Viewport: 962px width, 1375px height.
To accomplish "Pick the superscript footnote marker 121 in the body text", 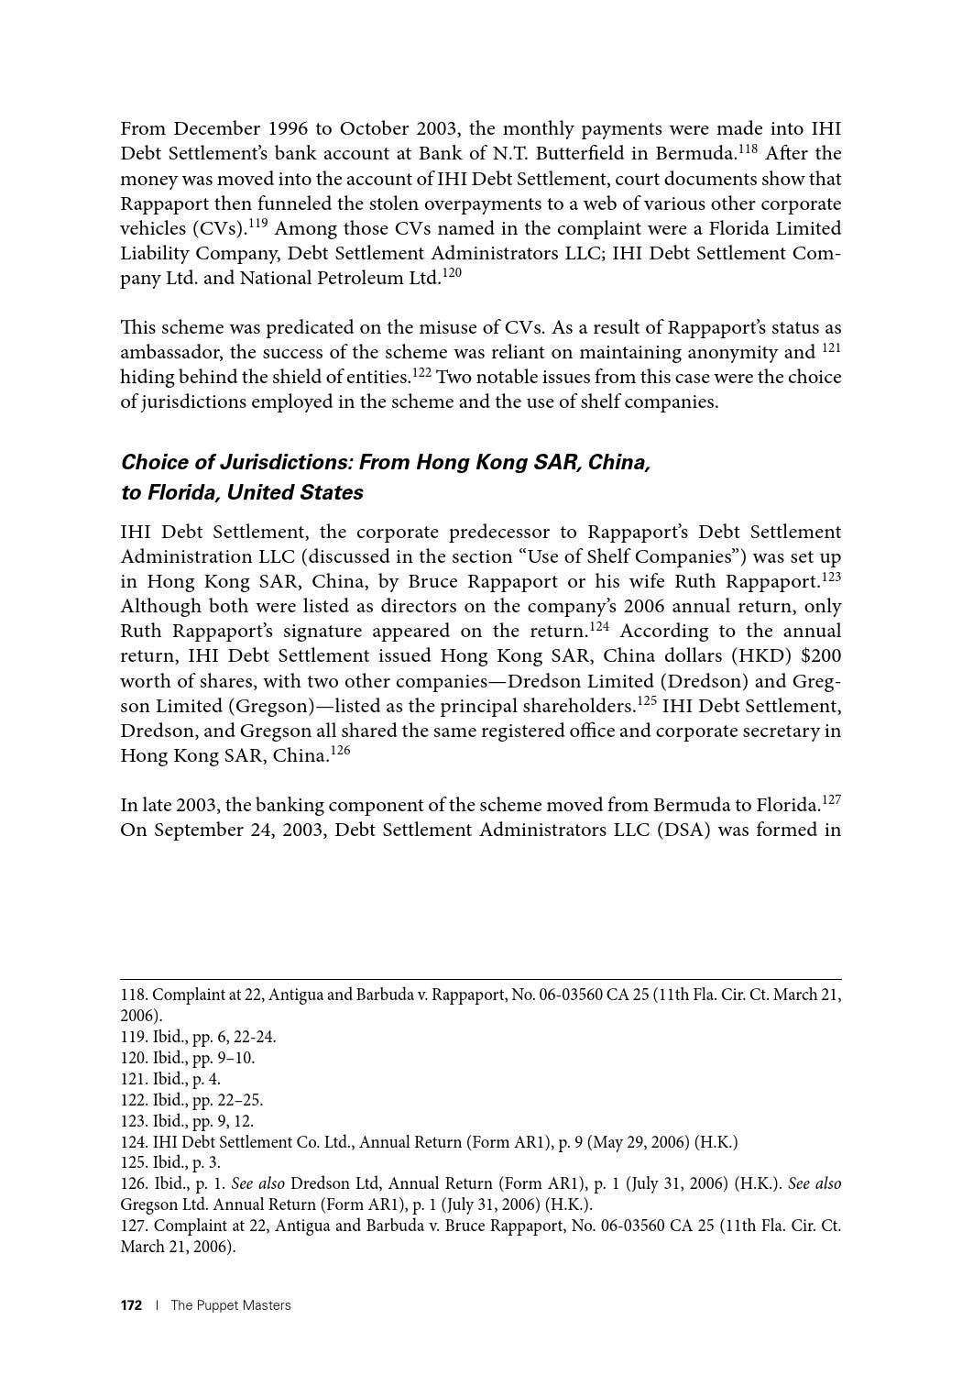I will pos(831,348).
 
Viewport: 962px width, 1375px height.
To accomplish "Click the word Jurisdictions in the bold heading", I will pos(286,462).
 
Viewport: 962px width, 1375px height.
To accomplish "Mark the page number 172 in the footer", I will pos(132,1305).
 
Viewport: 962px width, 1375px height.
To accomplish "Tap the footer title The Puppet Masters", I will pos(231,1305).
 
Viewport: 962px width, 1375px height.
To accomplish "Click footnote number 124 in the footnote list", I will pos(134,1142).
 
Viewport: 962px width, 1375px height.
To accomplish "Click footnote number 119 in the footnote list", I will pos(134,1038).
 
